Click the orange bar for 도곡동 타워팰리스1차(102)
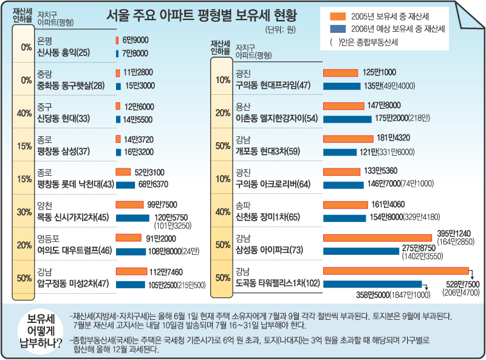tap(395, 271)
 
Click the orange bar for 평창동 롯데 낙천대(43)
tap(123, 171)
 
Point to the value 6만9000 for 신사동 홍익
tap(135, 40)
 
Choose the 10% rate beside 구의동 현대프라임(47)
tap(222, 79)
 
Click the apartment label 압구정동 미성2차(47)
tap(73, 283)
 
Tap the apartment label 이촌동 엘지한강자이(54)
tap(277, 118)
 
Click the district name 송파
tap(242, 206)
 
